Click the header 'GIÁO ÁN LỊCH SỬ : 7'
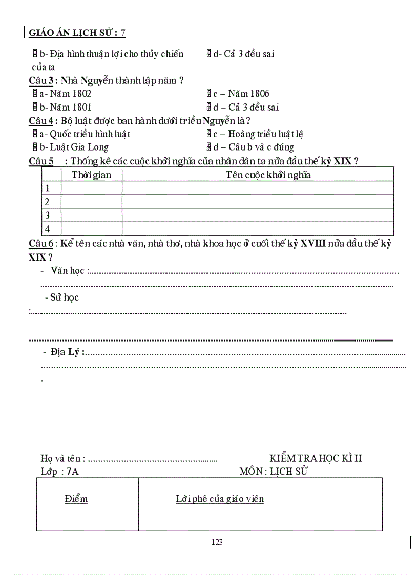(77, 33)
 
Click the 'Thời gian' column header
(91, 175)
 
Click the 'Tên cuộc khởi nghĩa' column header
(268, 175)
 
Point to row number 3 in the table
(48, 216)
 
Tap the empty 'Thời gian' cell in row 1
(91, 188)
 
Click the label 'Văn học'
(67, 270)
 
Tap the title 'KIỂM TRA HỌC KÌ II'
(316, 458)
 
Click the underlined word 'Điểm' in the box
(76, 499)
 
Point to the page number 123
(217, 543)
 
